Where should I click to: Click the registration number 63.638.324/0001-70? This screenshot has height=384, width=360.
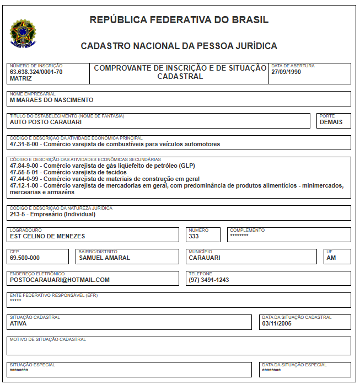point(36,72)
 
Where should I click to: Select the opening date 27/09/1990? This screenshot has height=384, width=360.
point(286,72)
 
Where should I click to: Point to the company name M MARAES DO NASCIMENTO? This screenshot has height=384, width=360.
point(51,100)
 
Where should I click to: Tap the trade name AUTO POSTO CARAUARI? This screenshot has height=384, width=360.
point(46,122)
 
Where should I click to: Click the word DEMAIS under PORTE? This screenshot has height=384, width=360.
point(331,122)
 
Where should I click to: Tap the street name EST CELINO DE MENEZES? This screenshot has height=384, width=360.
point(47,236)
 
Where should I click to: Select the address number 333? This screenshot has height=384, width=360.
point(194,236)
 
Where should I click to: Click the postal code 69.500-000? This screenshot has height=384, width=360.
point(25,258)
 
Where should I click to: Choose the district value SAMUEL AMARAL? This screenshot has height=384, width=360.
point(104,258)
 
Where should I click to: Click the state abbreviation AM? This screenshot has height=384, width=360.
point(331,258)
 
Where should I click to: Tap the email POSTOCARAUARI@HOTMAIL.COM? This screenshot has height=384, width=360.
point(60,280)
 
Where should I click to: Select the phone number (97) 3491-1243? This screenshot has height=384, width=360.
point(208,280)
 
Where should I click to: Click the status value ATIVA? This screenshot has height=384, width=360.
point(18,323)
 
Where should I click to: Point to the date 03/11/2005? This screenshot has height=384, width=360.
point(276,323)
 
